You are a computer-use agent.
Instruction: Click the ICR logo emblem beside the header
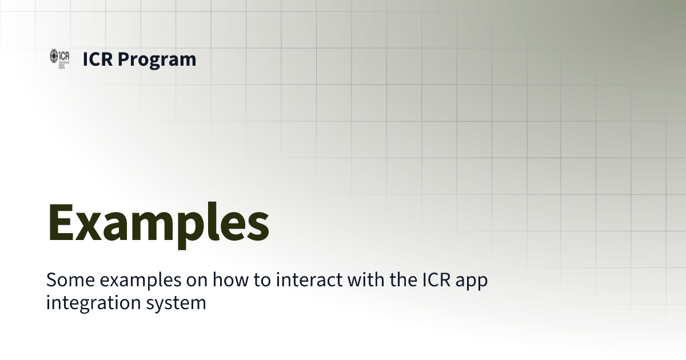point(59,57)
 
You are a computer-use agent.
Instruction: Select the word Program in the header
point(157,59)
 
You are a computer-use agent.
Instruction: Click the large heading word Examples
point(158,221)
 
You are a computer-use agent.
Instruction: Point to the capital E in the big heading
point(61,221)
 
